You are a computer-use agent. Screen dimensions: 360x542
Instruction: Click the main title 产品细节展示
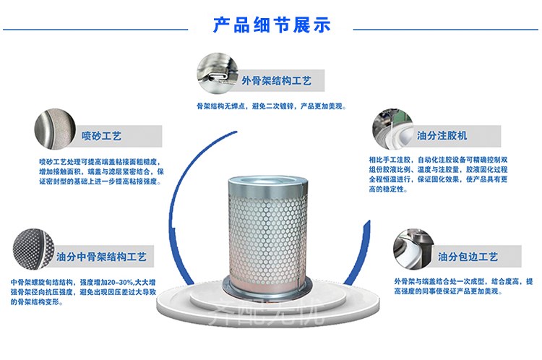272,25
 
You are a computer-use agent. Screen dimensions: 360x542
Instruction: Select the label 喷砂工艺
101,135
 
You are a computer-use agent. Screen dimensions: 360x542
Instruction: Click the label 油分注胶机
442,135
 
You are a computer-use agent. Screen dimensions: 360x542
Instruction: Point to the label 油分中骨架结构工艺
102,256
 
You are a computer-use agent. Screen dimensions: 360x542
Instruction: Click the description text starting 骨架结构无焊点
272,106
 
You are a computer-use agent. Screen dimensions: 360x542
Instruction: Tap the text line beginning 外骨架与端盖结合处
463,280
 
